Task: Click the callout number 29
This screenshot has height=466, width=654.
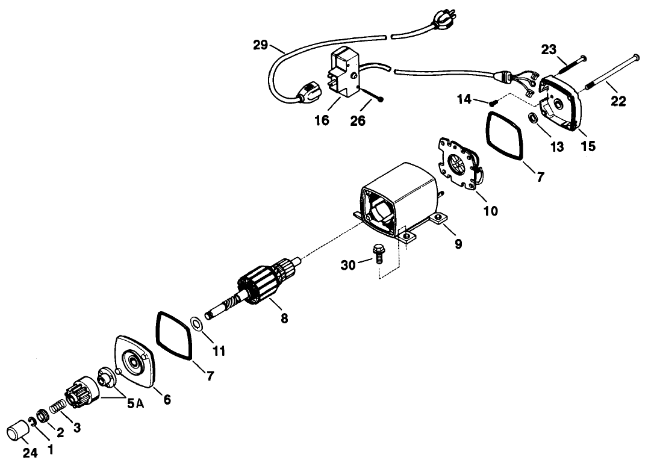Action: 260,45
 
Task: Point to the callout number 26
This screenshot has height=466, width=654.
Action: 358,121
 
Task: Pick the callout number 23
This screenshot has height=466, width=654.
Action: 549,49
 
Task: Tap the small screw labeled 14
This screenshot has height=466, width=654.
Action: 494,101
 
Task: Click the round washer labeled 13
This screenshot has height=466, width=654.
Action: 533,118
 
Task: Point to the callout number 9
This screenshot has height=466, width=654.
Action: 458,243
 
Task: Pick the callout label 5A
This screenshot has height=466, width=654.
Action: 135,403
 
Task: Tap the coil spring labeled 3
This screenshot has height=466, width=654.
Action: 58,406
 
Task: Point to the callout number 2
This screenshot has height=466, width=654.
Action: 60,433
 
